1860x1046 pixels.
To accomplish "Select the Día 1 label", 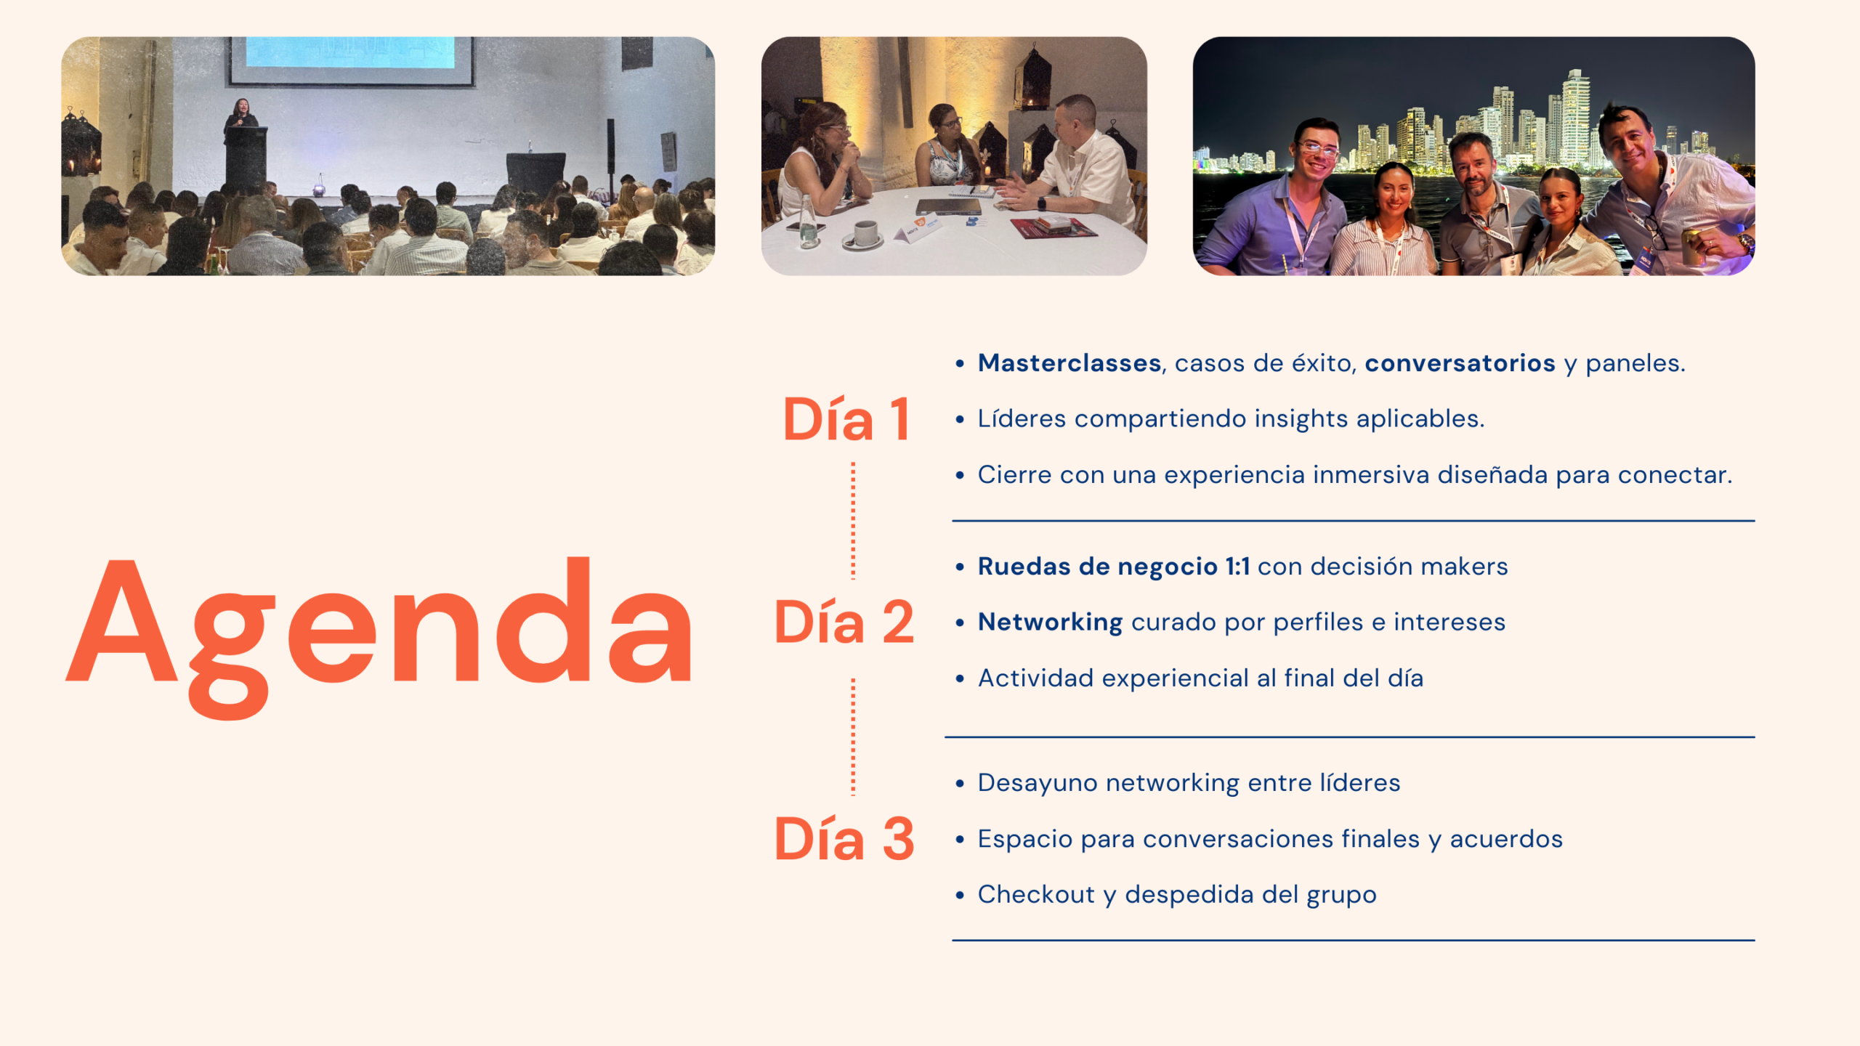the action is (846, 419).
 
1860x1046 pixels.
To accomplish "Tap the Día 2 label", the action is (844, 623).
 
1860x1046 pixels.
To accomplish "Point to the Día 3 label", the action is (844, 839).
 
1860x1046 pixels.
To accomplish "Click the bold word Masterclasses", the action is (1069, 362).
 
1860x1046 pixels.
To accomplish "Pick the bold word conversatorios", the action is (1460, 362).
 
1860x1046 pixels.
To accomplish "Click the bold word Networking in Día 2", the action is (1051, 623).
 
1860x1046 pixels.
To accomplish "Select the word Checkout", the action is (1036, 894).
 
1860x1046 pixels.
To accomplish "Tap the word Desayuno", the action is (1038, 783).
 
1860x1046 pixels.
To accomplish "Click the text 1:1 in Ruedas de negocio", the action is (1237, 567).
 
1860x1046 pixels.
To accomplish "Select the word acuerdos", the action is (1506, 839).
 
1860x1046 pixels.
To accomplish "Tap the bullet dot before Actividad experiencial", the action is (960, 679).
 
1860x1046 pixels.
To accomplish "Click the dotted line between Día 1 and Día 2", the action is (853, 520).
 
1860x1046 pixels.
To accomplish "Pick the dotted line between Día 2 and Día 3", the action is (853, 737).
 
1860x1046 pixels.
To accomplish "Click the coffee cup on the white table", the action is (864, 234).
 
